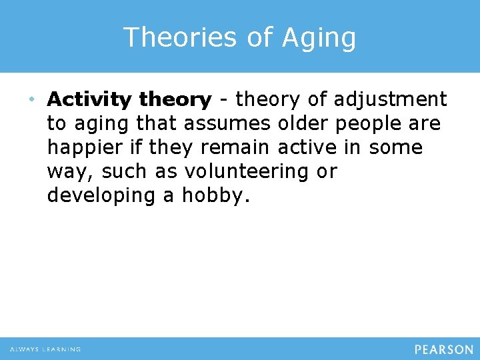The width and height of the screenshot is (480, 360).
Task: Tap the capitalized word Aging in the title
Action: pyautogui.click(x=319, y=39)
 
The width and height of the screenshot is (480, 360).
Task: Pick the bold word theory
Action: pyautogui.click(x=175, y=100)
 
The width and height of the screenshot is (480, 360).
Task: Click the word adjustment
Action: pyautogui.click(x=390, y=100)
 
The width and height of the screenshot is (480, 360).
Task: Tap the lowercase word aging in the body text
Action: pyautogui.click(x=110, y=125)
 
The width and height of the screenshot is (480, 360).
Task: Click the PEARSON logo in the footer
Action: pyautogui.click(x=443, y=349)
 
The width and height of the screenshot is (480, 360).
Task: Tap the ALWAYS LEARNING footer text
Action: pyautogui.click(x=45, y=349)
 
